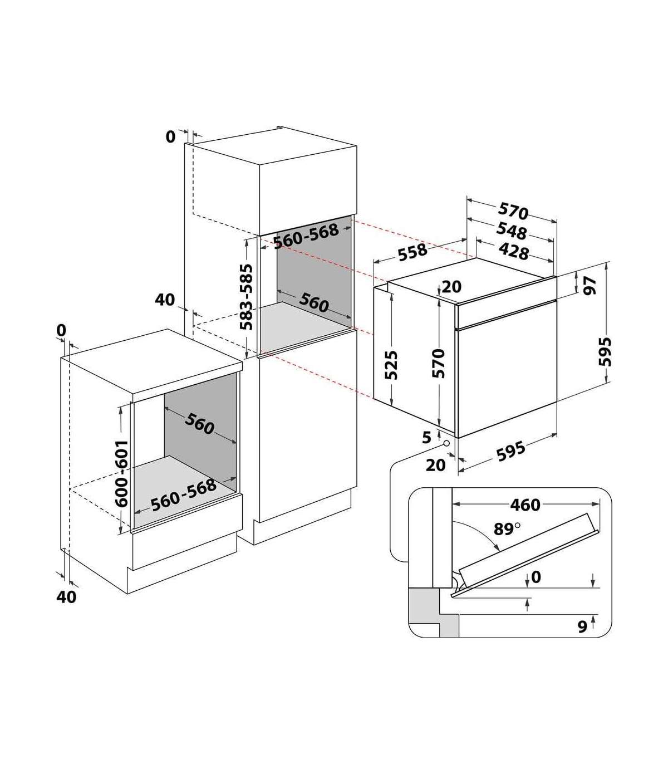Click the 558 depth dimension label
pyautogui.click(x=412, y=252)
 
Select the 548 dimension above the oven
pyautogui.click(x=511, y=232)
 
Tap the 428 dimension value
pyautogui.click(x=514, y=252)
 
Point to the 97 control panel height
pyautogui.click(x=590, y=286)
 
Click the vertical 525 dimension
pyautogui.click(x=391, y=365)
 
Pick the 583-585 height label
pyautogui.click(x=246, y=297)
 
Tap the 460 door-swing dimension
pyautogui.click(x=525, y=505)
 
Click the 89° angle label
pyautogui.click(x=507, y=529)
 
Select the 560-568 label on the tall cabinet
pyautogui.click(x=306, y=236)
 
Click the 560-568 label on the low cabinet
pyautogui.click(x=183, y=495)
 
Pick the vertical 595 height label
pyautogui.click(x=605, y=351)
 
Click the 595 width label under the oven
pyautogui.click(x=511, y=452)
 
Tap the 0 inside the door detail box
pyautogui.click(x=536, y=577)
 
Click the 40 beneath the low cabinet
pyautogui.click(x=66, y=597)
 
